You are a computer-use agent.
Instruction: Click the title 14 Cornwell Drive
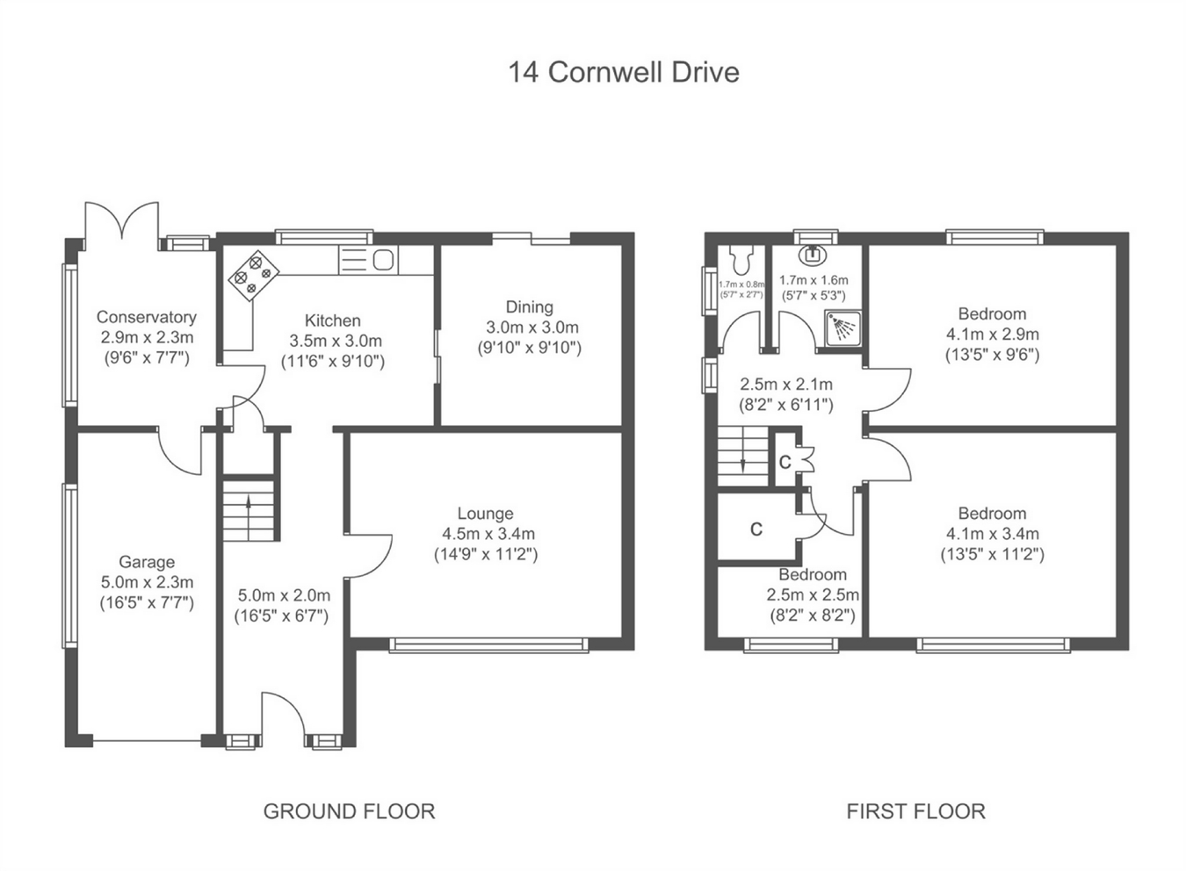point(624,72)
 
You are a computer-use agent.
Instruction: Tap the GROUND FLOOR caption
point(350,811)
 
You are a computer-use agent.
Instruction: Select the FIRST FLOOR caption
point(916,811)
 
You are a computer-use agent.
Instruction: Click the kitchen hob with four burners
point(254,275)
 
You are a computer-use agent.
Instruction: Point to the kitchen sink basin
point(383,260)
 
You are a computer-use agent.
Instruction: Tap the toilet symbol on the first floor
point(741,257)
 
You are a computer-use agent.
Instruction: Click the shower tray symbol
point(842,328)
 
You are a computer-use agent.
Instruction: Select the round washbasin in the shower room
point(812,255)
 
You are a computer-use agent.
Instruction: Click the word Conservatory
point(147,317)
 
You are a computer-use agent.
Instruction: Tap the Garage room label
point(147,562)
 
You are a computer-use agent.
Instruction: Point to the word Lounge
point(486,514)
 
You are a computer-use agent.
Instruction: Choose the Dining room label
point(530,307)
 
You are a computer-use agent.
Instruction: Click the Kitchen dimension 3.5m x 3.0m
point(336,341)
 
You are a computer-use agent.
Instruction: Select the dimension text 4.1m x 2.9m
point(992,335)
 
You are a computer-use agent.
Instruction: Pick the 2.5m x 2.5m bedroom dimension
point(813,595)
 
